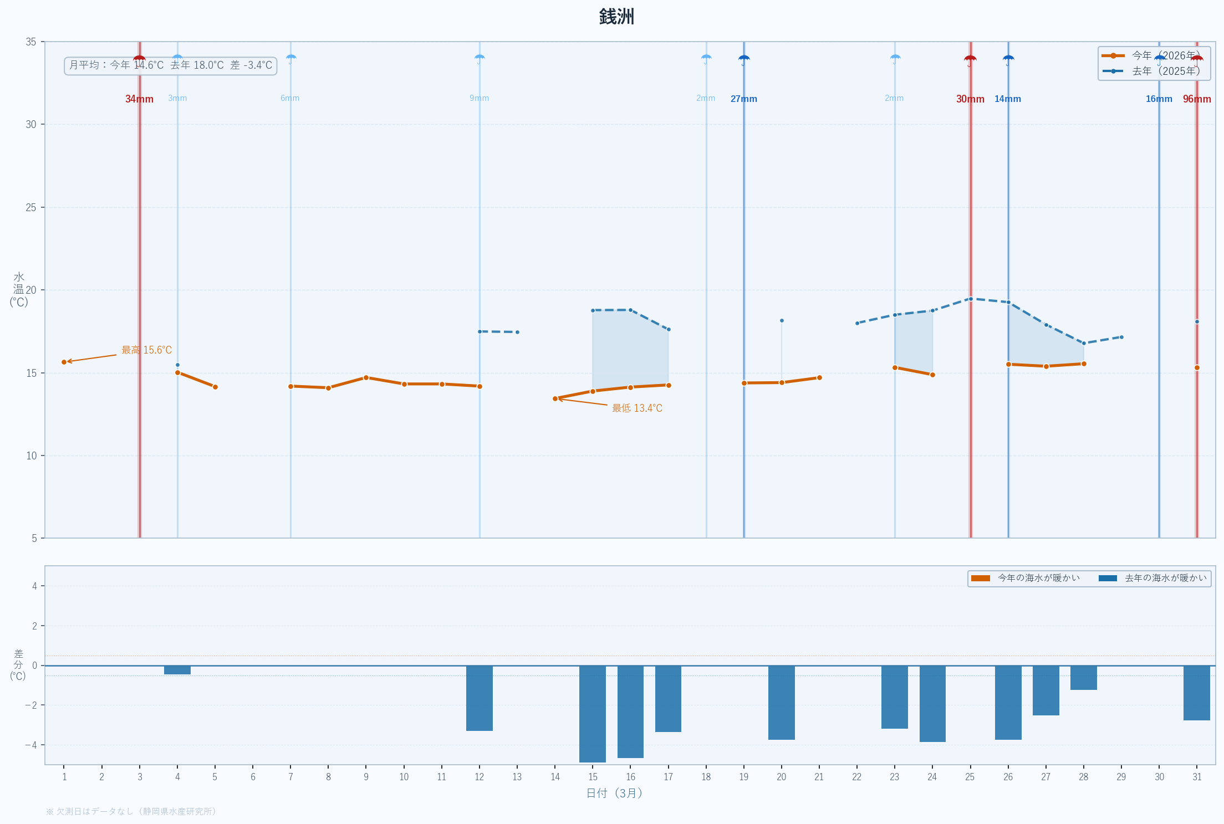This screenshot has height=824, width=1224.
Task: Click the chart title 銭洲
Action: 616,17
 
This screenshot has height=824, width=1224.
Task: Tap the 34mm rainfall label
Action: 139,99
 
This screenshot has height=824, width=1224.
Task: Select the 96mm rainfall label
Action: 1197,99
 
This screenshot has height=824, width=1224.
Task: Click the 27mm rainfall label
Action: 743,99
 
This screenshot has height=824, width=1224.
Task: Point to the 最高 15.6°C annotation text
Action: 146,350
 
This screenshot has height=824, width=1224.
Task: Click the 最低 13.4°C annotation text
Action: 637,408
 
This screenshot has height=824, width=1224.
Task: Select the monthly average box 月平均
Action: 170,65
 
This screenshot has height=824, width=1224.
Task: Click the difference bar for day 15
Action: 593,714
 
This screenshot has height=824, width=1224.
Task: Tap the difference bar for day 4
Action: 177,670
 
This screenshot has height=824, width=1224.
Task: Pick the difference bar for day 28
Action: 1083,678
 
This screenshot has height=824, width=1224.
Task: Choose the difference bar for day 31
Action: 1196,693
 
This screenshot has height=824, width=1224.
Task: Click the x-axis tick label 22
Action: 856,777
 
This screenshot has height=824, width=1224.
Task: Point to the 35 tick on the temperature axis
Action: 31,42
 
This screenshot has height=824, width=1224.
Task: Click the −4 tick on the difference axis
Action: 31,745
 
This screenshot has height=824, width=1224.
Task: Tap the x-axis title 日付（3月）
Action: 614,793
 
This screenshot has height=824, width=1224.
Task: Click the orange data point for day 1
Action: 64,362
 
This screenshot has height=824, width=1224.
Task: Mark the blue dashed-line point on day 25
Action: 970,299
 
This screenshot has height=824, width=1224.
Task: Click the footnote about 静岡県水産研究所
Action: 131,811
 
